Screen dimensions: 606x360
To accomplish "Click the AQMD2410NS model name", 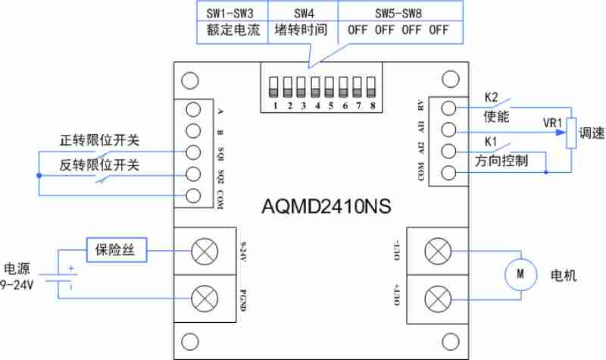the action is [326, 206].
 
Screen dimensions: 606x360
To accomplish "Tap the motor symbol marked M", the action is [520, 274].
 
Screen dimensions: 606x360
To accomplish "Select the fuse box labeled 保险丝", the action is [117, 250].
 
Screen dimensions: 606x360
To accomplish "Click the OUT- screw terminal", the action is [438, 252].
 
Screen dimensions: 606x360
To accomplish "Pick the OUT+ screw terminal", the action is [438, 299].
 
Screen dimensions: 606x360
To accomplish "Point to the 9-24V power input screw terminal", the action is [205, 252].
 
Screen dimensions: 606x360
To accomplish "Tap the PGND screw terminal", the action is [205, 299].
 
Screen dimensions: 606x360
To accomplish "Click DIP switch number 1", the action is [273, 87].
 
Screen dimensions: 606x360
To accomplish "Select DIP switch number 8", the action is [371, 87].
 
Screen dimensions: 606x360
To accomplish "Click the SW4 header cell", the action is [304, 14].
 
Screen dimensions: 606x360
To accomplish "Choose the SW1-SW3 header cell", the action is [233, 14].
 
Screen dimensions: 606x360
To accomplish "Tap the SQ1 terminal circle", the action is [193, 152].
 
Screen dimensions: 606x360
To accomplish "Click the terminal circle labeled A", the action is [193, 109].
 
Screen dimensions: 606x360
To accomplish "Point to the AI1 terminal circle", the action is [448, 130].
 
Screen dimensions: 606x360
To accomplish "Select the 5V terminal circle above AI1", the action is [448, 108].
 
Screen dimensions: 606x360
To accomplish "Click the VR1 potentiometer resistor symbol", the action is [571, 133].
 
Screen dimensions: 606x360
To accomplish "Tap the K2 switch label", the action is [491, 98].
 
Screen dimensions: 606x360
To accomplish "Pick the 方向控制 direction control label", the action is [501, 161].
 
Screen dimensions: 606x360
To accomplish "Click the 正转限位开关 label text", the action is [99, 140].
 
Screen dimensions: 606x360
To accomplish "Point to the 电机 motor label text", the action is [564, 275].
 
